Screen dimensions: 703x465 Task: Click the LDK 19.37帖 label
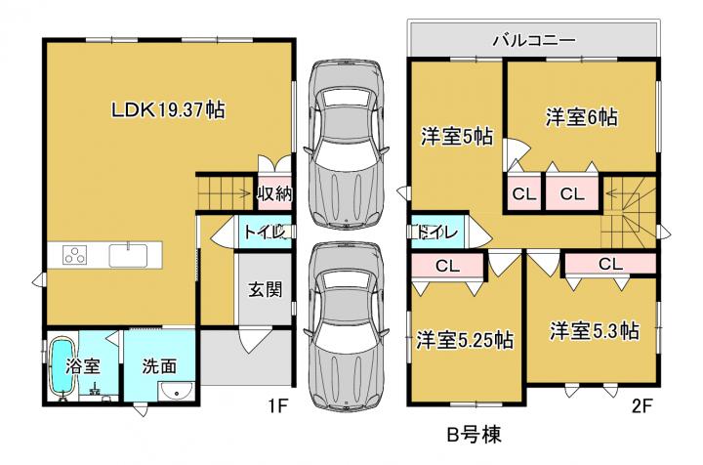pyautogui.click(x=168, y=109)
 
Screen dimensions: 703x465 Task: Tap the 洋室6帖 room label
pyautogui.click(x=581, y=117)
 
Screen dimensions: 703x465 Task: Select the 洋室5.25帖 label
pyautogui.click(x=465, y=340)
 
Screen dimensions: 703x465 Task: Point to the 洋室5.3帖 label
pyautogui.click(x=595, y=331)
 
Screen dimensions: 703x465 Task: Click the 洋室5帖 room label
pyautogui.click(x=457, y=137)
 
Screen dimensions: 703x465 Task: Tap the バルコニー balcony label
pyautogui.click(x=534, y=41)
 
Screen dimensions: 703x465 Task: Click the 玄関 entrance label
pyautogui.click(x=266, y=290)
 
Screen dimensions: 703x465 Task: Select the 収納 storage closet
pyautogui.click(x=274, y=193)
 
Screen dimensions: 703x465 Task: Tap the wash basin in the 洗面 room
pyautogui.click(x=176, y=394)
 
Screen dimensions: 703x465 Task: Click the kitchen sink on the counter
pyautogui.click(x=128, y=255)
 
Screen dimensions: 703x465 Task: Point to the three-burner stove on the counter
pyautogui.click(x=75, y=255)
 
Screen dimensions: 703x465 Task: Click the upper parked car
pyautogui.click(x=346, y=143)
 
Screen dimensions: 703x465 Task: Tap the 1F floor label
pyautogui.click(x=277, y=406)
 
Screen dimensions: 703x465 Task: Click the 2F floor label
pyautogui.click(x=641, y=406)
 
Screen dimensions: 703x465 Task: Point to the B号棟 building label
pyautogui.click(x=475, y=434)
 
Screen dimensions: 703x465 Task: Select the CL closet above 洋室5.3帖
pyautogui.click(x=610, y=264)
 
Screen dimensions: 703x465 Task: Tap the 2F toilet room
pyautogui.click(x=438, y=232)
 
